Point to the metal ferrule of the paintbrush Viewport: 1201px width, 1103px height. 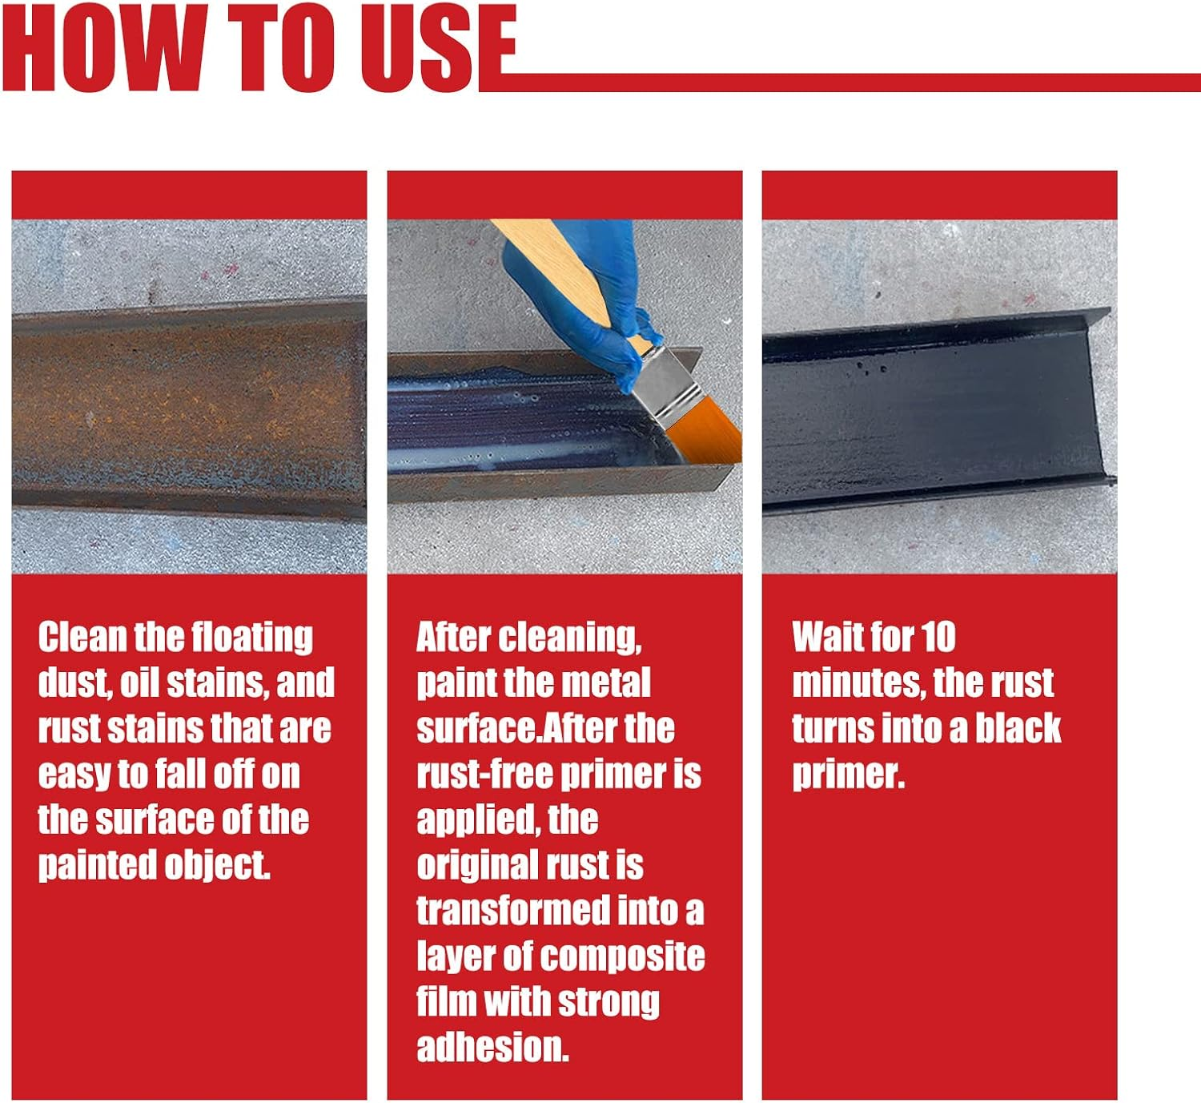[x=665, y=384]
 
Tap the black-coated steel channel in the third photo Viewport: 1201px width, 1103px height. [x=929, y=417]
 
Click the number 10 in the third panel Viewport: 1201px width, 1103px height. [x=938, y=638]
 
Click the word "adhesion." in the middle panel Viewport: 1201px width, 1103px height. [x=492, y=1048]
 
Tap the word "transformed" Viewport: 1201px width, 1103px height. [x=513, y=911]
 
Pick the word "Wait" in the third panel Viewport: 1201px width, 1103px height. [x=825, y=638]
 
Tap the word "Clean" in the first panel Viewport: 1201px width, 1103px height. [x=82, y=638]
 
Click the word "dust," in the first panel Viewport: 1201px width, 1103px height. [x=74, y=682]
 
